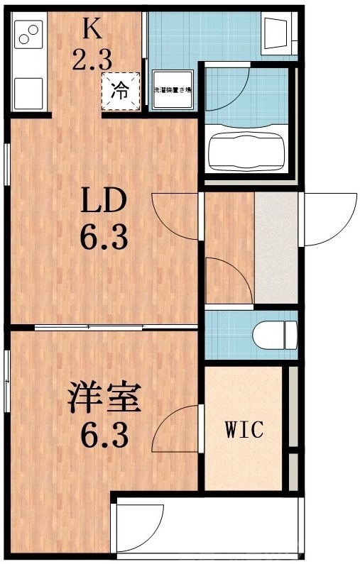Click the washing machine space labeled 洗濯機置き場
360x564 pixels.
174,91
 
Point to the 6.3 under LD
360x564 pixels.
104,237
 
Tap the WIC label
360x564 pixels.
244,429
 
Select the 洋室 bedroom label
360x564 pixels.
103,398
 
